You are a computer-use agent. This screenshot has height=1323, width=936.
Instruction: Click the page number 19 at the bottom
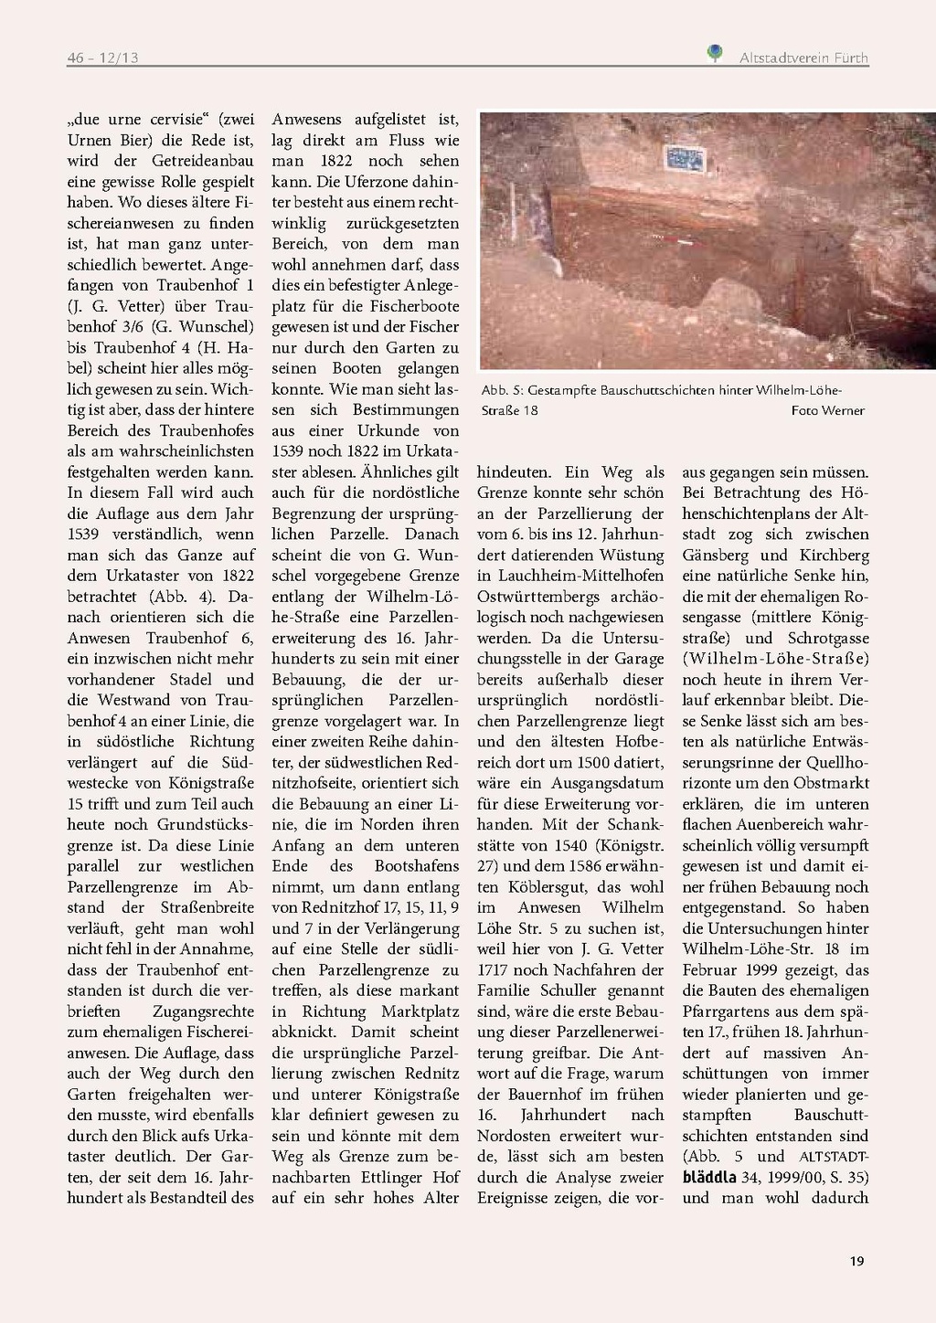click(x=856, y=1261)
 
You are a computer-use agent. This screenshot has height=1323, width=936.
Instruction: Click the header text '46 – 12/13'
click(x=102, y=58)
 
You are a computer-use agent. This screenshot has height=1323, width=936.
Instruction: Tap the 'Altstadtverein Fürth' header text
click(x=803, y=58)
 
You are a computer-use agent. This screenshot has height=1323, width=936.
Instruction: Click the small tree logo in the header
click(x=715, y=54)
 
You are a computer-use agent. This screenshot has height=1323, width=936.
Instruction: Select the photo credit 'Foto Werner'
click(x=827, y=410)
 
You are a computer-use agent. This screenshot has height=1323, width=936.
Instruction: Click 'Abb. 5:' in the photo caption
click(x=503, y=390)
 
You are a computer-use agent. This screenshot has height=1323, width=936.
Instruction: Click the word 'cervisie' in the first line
click(x=176, y=120)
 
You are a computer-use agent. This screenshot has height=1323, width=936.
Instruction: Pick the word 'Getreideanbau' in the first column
click(x=203, y=161)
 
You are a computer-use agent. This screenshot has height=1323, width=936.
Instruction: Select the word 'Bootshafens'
click(x=417, y=866)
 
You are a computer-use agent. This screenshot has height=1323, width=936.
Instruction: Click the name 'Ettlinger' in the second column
click(x=391, y=1177)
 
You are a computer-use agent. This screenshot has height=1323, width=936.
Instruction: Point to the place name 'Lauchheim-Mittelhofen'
click(x=570, y=576)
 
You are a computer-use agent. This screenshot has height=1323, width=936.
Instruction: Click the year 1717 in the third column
click(x=494, y=969)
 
